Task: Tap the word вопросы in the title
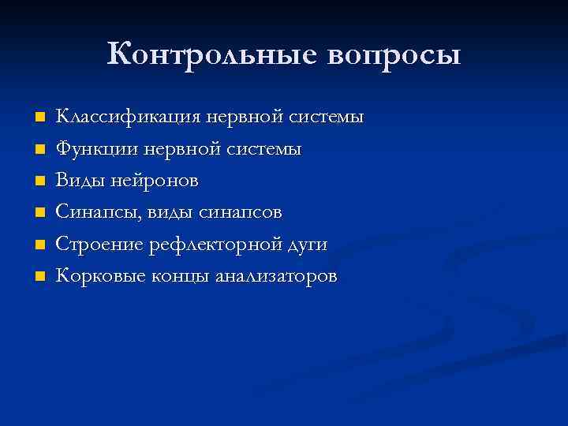(x=386, y=55)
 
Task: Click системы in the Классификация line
(x=324, y=117)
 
